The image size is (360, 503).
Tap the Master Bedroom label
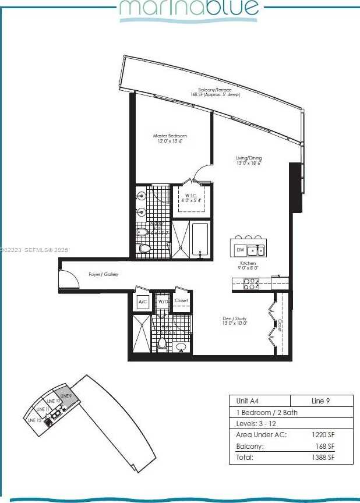(x=170, y=139)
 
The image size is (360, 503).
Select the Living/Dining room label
(x=249, y=161)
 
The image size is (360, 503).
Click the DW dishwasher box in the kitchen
(x=240, y=250)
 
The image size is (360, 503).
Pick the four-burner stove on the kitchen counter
(x=251, y=284)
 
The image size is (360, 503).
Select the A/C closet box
(x=143, y=302)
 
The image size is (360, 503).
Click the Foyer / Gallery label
(x=104, y=274)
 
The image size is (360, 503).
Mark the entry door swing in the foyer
(x=68, y=280)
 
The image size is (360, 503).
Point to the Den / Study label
(x=235, y=320)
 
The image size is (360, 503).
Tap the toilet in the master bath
(x=144, y=249)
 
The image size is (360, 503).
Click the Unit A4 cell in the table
(x=248, y=401)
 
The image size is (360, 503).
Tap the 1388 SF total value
(x=326, y=458)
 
